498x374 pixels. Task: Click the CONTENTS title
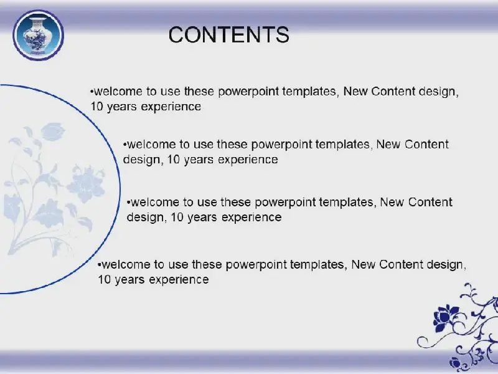[228, 35]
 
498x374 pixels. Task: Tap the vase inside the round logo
[38, 36]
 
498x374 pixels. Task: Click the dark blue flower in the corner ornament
[446, 317]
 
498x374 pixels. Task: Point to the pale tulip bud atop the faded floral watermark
[53, 132]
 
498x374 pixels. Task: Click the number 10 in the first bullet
[97, 107]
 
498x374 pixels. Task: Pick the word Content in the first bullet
[393, 91]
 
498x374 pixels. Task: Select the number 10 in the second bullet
[174, 160]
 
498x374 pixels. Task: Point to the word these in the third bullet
[235, 202]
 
